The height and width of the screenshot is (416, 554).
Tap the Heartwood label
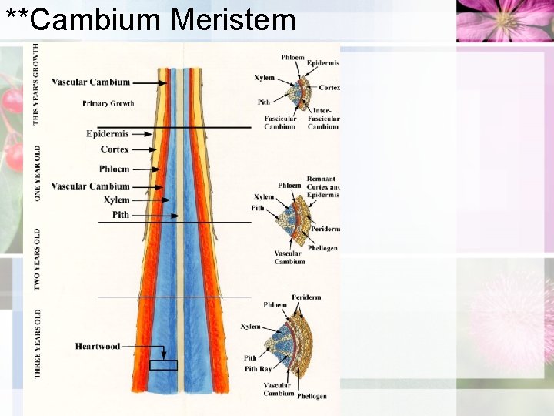pos(98,347)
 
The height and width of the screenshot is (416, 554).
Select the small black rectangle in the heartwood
pos(163,365)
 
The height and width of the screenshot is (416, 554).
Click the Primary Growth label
pos(108,103)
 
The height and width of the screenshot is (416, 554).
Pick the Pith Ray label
pos(257,369)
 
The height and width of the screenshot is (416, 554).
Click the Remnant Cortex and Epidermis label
pos(322,187)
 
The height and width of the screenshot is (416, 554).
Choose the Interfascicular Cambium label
pos(323,119)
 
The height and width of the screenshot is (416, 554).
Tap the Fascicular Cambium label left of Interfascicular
pos(280,122)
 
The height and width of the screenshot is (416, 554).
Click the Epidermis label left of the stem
pos(107,133)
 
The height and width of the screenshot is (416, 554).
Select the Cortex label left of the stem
pos(115,149)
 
